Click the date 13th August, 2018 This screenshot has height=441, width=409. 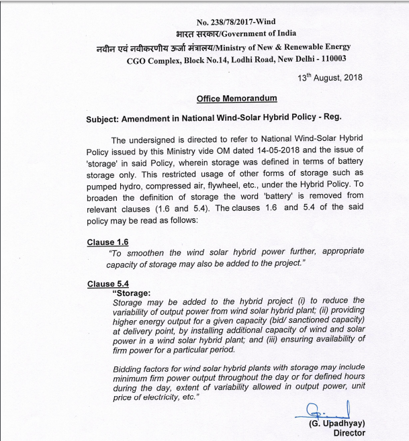pos(329,77)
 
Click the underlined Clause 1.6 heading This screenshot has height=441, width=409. pos(107,242)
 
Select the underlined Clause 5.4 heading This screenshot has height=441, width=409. pos(107,284)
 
